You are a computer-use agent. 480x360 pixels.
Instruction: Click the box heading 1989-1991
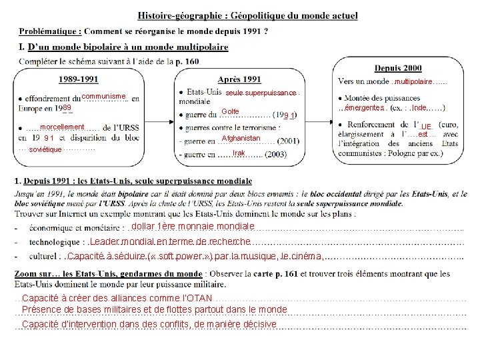click(79, 79)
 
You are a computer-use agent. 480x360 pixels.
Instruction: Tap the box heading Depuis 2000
click(398, 68)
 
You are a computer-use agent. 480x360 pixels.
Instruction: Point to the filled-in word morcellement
click(62, 127)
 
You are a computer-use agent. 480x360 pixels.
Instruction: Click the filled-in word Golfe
click(230, 111)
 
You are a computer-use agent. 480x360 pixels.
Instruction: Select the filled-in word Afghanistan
click(241, 138)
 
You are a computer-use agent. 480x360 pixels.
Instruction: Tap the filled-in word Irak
click(239, 153)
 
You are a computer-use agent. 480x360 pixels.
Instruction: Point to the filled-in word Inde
click(419, 108)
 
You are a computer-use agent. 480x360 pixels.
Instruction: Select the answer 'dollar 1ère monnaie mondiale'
click(191, 227)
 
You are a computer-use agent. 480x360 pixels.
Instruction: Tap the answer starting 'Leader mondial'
click(170, 241)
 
